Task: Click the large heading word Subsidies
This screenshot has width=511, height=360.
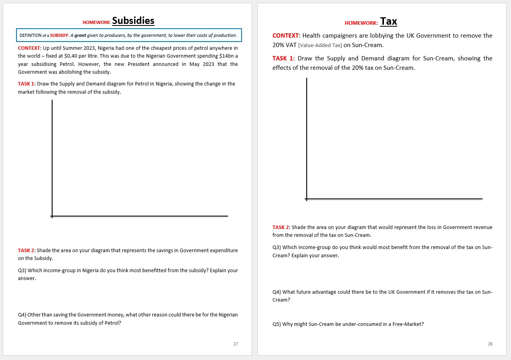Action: click(133, 21)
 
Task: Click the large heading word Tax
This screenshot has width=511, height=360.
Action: click(388, 22)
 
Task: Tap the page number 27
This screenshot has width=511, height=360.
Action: click(235, 344)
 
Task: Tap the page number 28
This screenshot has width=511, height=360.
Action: click(490, 344)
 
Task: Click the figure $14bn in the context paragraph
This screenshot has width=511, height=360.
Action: click(226, 56)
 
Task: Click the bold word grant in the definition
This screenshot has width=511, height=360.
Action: click(80, 35)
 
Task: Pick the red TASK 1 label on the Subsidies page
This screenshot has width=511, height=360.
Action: click(26, 84)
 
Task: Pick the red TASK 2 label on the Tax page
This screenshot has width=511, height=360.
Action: click(280, 227)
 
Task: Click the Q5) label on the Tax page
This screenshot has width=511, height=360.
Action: click(276, 324)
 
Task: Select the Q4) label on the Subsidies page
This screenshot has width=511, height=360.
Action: click(22, 315)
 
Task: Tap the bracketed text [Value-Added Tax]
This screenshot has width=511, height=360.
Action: click(320, 45)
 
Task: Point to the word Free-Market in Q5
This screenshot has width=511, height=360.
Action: click(410, 324)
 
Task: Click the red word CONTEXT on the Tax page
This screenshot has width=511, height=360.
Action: click(286, 36)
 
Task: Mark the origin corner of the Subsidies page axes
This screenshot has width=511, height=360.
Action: click(52, 216)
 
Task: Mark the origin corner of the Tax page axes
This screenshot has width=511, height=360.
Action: click(307, 199)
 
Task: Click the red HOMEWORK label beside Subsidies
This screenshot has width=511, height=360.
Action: click(96, 23)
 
